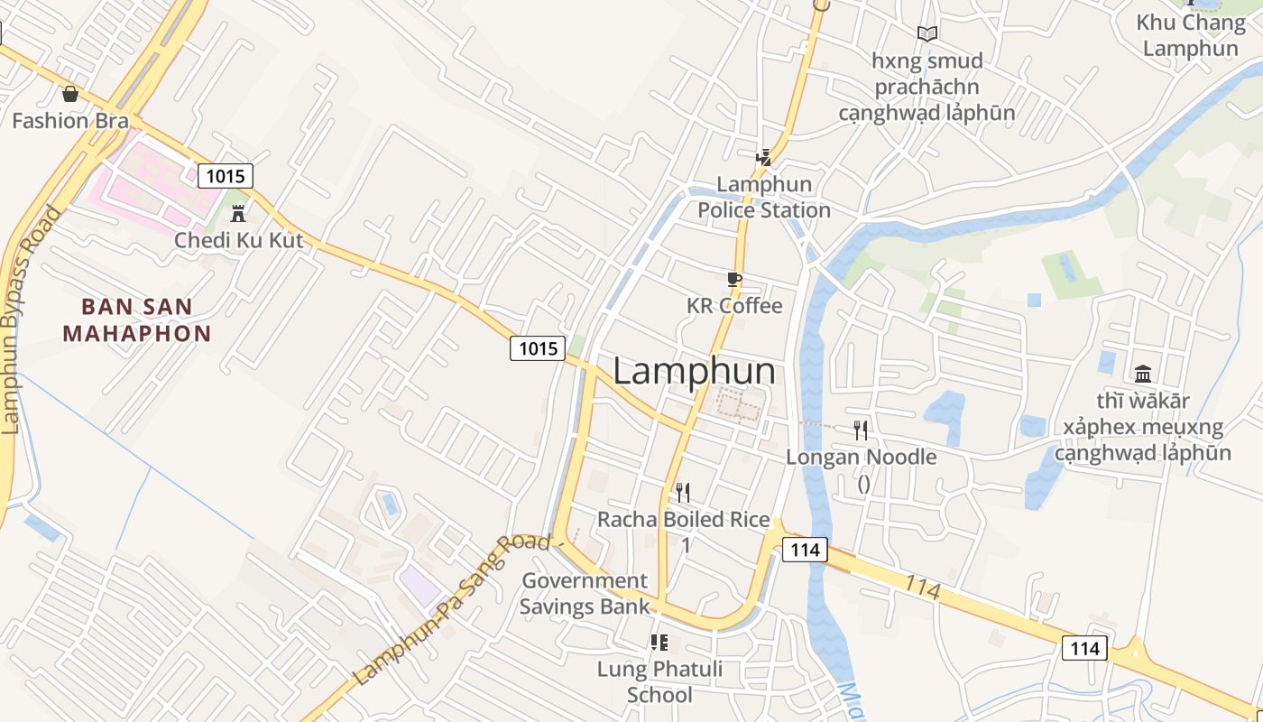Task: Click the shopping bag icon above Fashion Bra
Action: (69, 93)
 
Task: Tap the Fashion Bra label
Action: (70, 120)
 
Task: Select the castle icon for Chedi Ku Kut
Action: (238, 214)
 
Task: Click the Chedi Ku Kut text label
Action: (239, 240)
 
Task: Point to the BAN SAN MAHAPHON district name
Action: (137, 319)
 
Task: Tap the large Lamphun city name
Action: (694, 371)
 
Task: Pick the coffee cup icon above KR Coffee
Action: (734, 279)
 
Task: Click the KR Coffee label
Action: (734, 305)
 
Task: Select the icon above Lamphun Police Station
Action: (764, 158)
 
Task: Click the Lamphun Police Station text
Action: (764, 197)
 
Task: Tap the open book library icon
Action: (927, 34)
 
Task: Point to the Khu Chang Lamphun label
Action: (1191, 35)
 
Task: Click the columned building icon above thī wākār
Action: (1143, 373)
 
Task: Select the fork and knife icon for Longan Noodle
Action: (861, 430)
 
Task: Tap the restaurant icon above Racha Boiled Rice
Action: (683, 492)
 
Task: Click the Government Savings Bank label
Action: (585, 593)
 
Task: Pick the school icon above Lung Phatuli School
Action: (659, 643)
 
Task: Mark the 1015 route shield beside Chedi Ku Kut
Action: (225, 175)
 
